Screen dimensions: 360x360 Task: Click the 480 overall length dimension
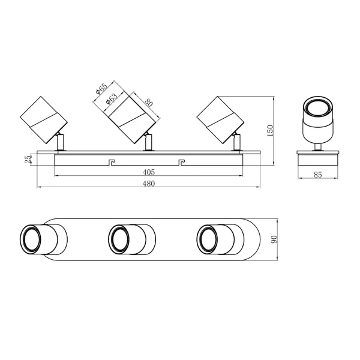(x=148, y=184)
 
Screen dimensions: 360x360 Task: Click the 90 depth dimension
(x=274, y=239)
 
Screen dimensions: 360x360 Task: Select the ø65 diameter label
(x=101, y=92)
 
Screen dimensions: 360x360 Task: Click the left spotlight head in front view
(x=43, y=118)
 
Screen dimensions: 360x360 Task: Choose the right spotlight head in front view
(x=220, y=118)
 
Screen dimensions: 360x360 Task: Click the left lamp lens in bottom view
(x=31, y=238)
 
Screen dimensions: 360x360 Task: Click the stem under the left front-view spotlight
(x=60, y=143)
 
